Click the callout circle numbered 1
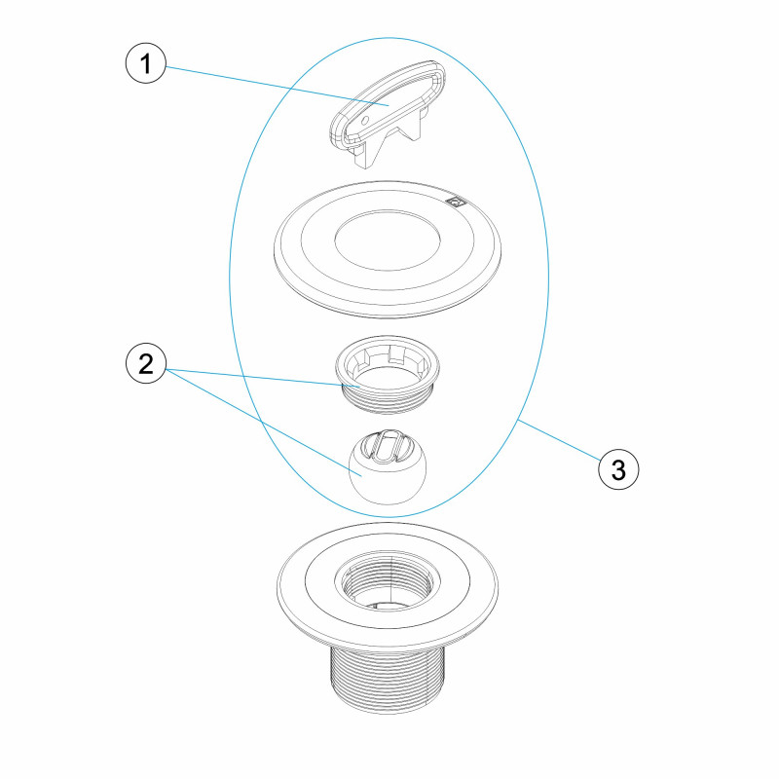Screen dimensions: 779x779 pyautogui.click(x=145, y=63)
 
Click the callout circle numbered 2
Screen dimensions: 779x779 pyautogui.click(x=145, y=363)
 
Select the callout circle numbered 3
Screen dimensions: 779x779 pyautogui.click(x=618, y=469)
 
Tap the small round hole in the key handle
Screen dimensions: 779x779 pyautogui.click(x=365, y=120)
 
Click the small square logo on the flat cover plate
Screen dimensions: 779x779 pyautogui.click(x=454, y=202)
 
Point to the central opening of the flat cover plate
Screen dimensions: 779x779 pyautogui.click(x=388, y=241)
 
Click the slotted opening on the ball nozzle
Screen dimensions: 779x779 pyautogui.click(x=382, y=446)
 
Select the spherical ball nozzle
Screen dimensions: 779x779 pyautogui.click(x=388, y=466)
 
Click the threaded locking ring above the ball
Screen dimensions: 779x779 pyautogui.click(x=388, y=374)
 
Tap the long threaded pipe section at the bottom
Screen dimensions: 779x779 pyautogui.click(x=388, y=680)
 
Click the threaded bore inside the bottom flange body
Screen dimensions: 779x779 pyautogui.click(x=388, y=579)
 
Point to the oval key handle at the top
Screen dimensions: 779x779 pyautogui.click(x=387, y=103)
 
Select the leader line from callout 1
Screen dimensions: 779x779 pyautogui.click(x=278, y=86)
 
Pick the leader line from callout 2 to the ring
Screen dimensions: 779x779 pyautogui.click(x=263, y=377)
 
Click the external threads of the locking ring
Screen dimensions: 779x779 pyautogui.click(x=388, y=401)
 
